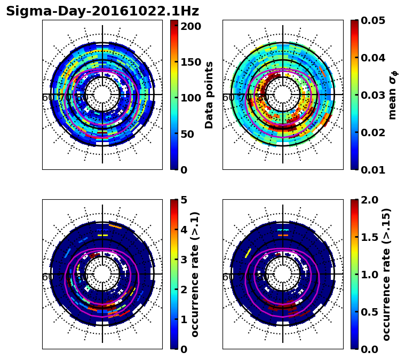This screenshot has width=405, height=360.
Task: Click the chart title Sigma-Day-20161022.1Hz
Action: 102,11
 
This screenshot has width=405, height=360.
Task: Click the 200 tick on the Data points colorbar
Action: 190,26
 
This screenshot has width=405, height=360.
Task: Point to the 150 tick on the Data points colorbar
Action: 190,62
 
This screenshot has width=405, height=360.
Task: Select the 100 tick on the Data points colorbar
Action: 190,98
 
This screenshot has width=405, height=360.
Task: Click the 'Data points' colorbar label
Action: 209,95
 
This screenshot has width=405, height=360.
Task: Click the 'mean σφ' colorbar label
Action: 392,95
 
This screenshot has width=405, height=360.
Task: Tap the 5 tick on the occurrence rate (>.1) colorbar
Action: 184,200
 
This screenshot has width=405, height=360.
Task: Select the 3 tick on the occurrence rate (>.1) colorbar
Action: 184,260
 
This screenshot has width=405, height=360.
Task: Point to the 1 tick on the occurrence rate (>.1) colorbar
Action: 184,319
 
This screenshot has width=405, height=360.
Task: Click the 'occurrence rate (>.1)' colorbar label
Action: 195,274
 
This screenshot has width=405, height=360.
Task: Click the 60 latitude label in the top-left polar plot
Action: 47,98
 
